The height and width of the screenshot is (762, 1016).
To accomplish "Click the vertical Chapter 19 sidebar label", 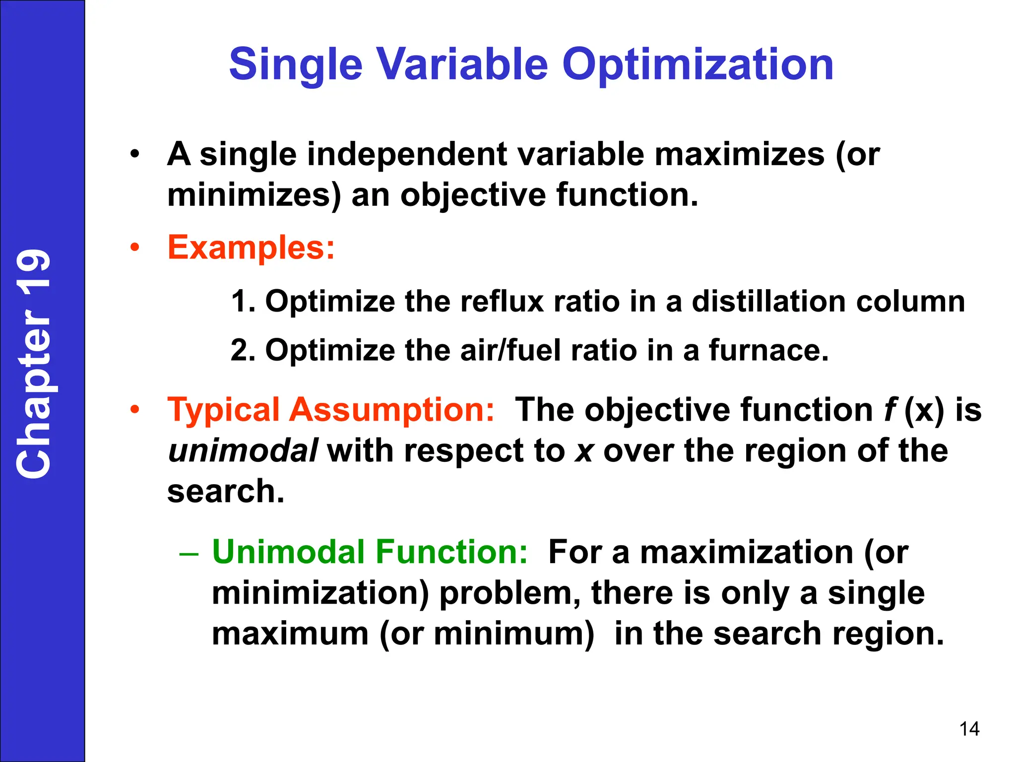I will tap(34, 364).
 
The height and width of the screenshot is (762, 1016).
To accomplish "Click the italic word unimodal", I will tap(243, 450).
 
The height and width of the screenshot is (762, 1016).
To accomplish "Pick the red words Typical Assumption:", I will tap(330, 410).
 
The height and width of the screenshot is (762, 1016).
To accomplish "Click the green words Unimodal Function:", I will tap(370, 552).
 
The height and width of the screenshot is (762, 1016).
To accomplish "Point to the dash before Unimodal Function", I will tap(189, 553).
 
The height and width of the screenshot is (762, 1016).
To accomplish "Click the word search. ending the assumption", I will tap(226, 491).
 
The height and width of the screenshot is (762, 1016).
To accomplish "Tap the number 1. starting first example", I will tap(243, 301).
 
